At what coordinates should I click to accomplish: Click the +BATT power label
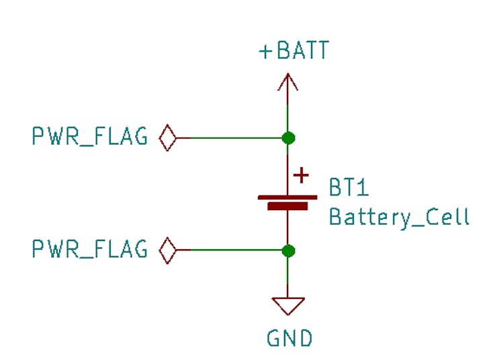(294, 50)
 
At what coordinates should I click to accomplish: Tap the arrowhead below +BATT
(288, 82)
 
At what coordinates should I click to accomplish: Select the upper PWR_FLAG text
(90, 136)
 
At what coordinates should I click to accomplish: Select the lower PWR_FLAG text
(90, 249)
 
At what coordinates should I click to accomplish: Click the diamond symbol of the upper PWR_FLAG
(168, 138)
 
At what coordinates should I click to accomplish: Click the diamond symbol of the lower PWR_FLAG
(168, 251)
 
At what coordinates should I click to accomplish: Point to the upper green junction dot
(288, 138)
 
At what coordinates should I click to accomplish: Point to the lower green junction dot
(288, 251)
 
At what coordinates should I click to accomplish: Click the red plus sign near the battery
(301, 175)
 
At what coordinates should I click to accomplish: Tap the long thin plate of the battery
(287, 197)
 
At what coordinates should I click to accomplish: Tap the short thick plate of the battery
(287, 206)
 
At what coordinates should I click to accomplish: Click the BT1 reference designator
(349, 187)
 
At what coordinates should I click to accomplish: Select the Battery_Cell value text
(399, 218)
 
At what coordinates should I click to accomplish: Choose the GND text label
(289, 338)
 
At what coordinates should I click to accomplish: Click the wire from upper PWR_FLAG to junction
(229, 138)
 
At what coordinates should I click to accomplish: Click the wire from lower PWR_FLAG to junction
(229, 251)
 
